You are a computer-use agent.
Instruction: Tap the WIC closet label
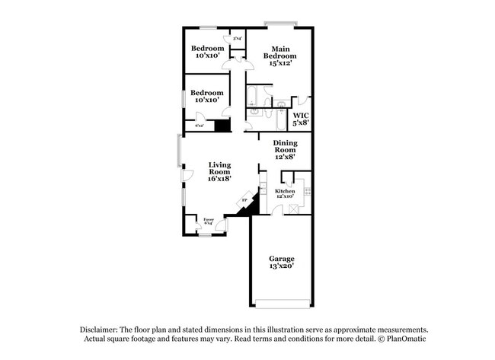pyautogui.click(x=301, y=115)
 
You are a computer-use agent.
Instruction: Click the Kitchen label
pyautogui.click(x=285, y=190)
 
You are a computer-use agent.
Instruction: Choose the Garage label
pyautogui.click(x=281, y=259)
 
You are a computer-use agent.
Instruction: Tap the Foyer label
pyautogui.click(x=208, y=219)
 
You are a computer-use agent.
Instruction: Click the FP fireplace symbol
pyautogui.click(x=244, y=201)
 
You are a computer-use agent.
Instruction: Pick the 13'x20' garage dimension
pyautogui.click(x=281, y=267)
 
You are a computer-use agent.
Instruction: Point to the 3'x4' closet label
pyautogui.click(x=237, y=39)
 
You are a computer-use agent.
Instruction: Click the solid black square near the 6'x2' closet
pyautogui.click(x=222, y=126)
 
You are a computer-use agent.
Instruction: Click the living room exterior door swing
pyautogui.click(x=187, y=177)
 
